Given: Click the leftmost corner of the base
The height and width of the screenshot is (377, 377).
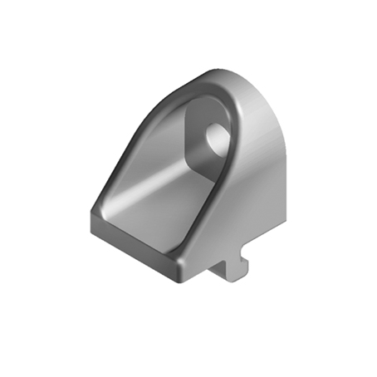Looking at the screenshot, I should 89,214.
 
